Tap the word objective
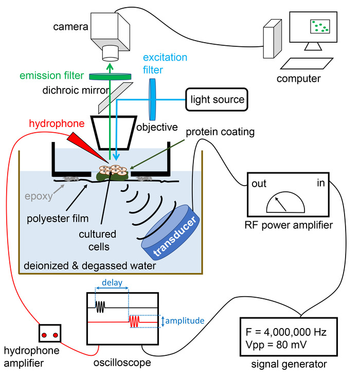click(156, 126)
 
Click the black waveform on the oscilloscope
click(101, 306)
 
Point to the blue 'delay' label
click(112, 282)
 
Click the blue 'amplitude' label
click(186, 321)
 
